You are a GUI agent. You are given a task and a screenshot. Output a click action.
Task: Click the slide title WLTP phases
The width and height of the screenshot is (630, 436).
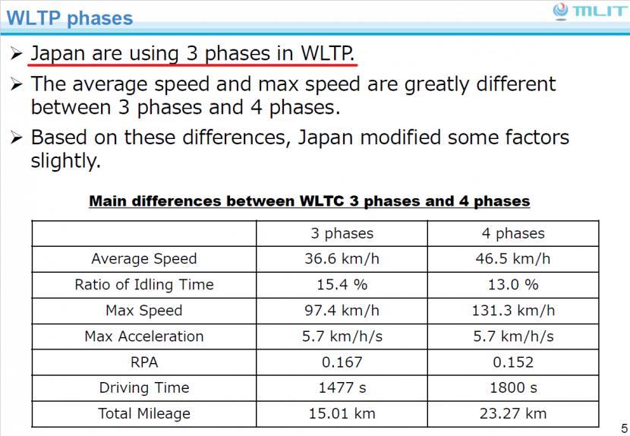click(70, 18)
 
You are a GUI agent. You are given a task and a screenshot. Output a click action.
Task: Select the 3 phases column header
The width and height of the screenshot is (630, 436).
click(342, 233)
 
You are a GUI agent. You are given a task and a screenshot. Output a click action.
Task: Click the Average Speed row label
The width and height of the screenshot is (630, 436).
click(143, 259)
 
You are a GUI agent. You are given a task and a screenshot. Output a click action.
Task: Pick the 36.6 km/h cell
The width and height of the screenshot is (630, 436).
click(342, 259)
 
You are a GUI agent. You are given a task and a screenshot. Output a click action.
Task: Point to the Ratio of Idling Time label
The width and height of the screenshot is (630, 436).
click(143, 285)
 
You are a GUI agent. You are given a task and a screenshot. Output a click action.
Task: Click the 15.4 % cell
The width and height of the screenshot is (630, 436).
click(342, 285)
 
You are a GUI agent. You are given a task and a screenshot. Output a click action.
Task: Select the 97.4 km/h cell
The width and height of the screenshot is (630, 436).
click(342, 311)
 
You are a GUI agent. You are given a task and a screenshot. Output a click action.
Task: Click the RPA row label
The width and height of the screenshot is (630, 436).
click(143, 362)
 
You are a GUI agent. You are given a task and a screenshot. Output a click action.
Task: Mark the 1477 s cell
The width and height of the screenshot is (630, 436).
click(342, 388)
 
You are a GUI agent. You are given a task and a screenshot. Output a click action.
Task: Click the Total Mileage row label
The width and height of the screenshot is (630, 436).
click(143, 414)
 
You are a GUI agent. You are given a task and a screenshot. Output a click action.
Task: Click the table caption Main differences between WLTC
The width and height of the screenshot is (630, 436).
click(310, 201)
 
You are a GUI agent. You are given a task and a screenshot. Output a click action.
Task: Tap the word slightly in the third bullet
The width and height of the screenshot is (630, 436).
click(65, 161)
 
